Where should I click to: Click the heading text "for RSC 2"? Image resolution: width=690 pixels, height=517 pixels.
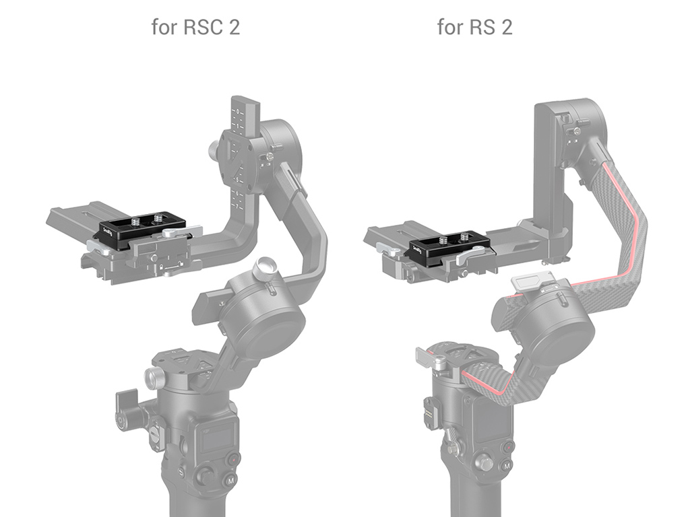[195, 27]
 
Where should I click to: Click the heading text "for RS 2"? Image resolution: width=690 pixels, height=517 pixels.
[475, 27]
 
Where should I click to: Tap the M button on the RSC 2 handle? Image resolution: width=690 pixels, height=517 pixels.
[230, 481]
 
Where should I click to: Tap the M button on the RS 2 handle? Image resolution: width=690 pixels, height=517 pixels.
[507, 466]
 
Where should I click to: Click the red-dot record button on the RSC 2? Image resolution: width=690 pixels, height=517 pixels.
[234, 460]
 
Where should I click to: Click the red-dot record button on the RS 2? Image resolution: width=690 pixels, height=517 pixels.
[508, 447]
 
